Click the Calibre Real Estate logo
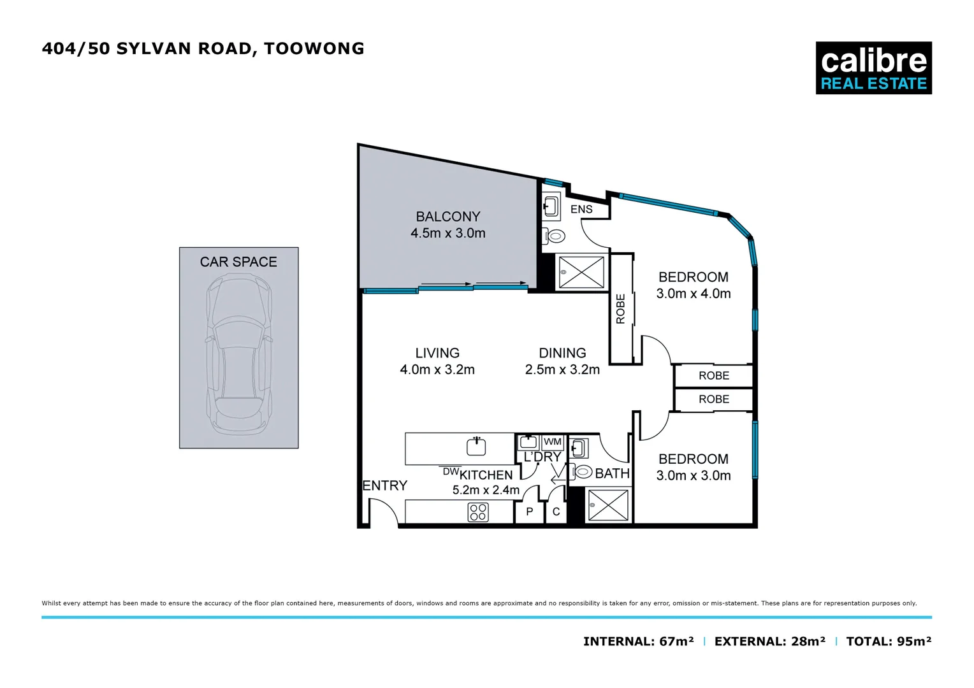tap(873, 68)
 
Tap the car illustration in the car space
tap(239, 354)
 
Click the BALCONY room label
tap(447, 217)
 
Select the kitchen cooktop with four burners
tap(478, 512)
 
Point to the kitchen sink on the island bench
tap(476, 447)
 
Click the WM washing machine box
tap(552, 441)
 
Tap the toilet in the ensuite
tap(555, 236)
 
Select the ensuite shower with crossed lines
tap(581, 273)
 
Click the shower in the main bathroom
tap(607, 506)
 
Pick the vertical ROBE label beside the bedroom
tap(621, 309)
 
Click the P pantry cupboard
tap(529, 512)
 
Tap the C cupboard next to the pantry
tap(556, 512)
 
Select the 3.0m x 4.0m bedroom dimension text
tap(693, 294)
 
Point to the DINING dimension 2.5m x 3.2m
tap(562, 369)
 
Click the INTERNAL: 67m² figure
tap(638, 641)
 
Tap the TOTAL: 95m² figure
tap(888, 641)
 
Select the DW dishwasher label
tap(451, 471)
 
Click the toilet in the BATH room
tap(583, 472)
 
